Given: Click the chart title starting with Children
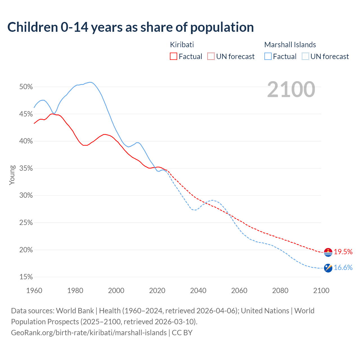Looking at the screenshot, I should click(x=130, y=27).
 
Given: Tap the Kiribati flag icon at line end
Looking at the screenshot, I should click(x=328, y=252).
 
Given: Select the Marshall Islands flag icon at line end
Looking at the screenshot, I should click(x=328, y=268).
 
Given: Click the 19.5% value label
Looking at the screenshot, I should click(x=343, y=252).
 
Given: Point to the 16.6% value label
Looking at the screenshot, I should click(x=343, y=267).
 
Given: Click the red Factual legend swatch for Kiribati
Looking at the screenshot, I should click(x=174, y=57).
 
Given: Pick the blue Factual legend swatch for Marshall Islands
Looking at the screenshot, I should click(x=268, y=57).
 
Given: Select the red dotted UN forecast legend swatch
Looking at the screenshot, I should click(x=211, y=57).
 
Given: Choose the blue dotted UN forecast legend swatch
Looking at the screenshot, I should click(x=305, y=57).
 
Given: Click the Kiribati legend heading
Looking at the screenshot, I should click(x=182, y=45).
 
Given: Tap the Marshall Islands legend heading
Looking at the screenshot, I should click(x=290, y=45).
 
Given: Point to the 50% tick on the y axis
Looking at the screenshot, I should click(x=26, y=87).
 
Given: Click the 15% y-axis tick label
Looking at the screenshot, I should click(x=26, y=277).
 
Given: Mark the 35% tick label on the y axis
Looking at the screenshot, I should click(x=26, y=168).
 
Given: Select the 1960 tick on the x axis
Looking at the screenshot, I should click(x=34, y=291).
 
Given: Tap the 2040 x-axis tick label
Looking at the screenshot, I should click(x=198, y=291).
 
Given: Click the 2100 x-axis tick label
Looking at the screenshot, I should click(x=321, y=291).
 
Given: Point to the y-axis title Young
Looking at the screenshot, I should click(x=12, y=175).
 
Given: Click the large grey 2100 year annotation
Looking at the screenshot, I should click(x=291, y=89).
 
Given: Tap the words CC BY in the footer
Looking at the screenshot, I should click(x=182, y=333).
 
